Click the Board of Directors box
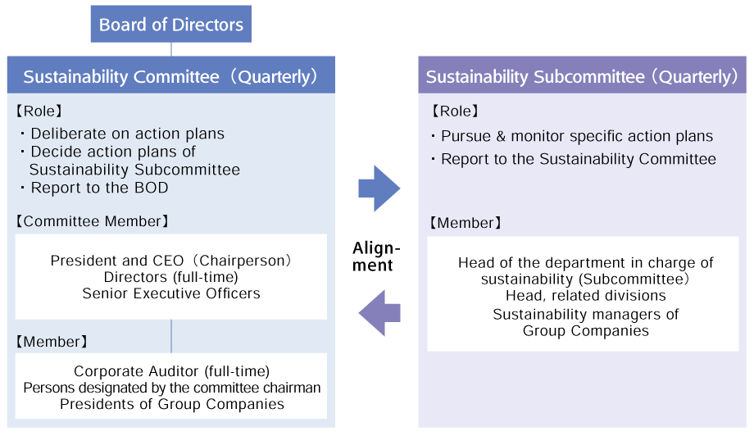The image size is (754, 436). [x=170, y=25]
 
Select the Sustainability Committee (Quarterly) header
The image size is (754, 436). [x=170, y=76]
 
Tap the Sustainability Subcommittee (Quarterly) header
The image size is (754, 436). [x=582, y=76]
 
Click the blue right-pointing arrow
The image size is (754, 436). [x=379, y=188]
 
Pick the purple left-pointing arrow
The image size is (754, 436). [x=379, y=312]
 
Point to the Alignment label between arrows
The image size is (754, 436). [x=376, y=257]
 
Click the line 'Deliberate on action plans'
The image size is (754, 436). [x=127, y=134]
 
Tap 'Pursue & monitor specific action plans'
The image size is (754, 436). [x=576, y=136]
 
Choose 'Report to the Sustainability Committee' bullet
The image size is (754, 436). [x=578, y=159]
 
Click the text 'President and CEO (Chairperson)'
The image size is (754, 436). [x=171, y=261]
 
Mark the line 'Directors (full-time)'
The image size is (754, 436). [x=171, y=277]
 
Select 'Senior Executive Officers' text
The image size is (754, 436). [x=171, y=293]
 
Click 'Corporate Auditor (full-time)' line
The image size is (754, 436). [x=171, y=371]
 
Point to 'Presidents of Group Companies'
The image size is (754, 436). [x=171, y=404]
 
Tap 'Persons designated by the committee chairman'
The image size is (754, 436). [x=171, y=388]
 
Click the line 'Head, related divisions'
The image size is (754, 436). [x=585, y=296]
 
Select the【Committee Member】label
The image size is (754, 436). [x=93, y=221]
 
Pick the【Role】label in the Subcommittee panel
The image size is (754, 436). [x=455, y=111]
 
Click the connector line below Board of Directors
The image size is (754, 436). [x=170, y=49]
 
